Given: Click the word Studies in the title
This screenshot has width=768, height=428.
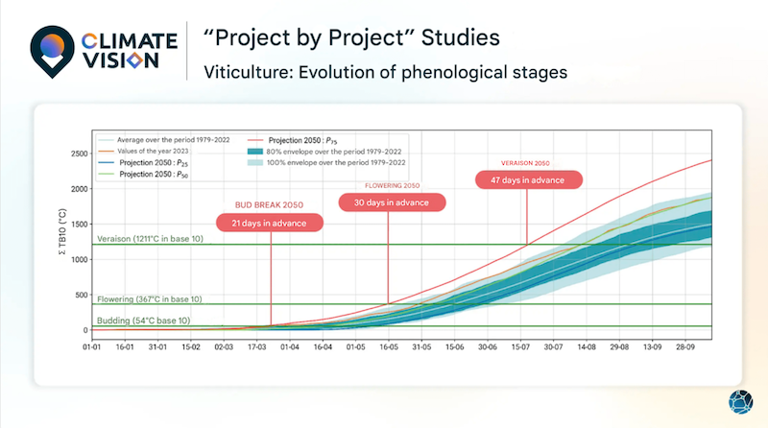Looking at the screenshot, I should pos(467,39).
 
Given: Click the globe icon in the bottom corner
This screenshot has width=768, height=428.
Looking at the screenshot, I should pos(741,403).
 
